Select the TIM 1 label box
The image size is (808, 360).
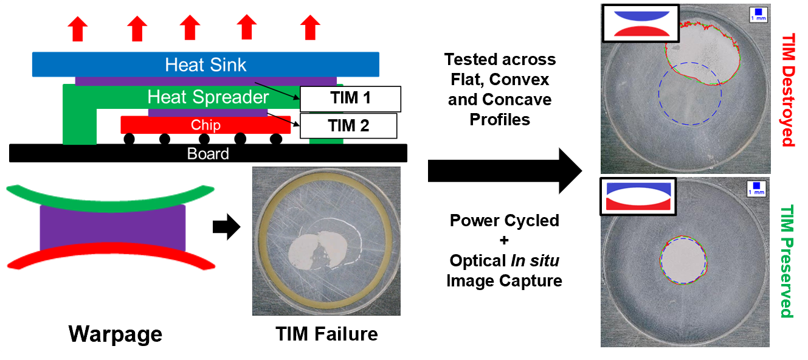(350, 98)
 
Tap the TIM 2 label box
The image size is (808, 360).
(348, 126)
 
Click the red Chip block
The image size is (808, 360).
(205, 125)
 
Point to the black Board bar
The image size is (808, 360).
(208, 153)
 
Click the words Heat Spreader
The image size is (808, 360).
(208, 97)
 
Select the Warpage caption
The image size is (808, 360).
(115, 333)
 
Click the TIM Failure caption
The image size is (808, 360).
(326, 333)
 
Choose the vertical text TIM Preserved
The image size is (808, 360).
(788, 261)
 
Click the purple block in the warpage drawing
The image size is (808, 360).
(112, 227)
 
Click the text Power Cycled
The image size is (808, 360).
(504, 220)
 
